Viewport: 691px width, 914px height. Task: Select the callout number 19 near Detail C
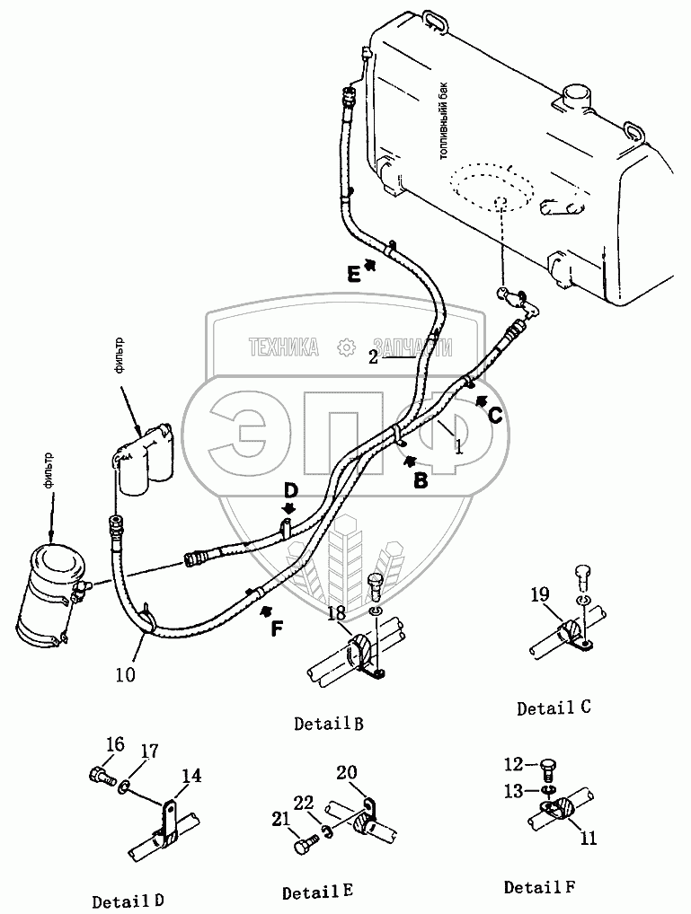(540, 594)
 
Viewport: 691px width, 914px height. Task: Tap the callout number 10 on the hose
(126, 672)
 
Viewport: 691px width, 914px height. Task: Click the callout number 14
(191, 778)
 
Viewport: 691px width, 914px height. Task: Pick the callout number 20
(347, 771)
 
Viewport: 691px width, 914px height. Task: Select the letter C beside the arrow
(495, 415)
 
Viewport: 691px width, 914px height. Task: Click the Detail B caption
(328, 724)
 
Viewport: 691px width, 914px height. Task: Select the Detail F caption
(538, 887)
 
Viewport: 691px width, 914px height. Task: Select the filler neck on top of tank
(572, 96)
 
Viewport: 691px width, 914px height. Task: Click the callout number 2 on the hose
(374, 356)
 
